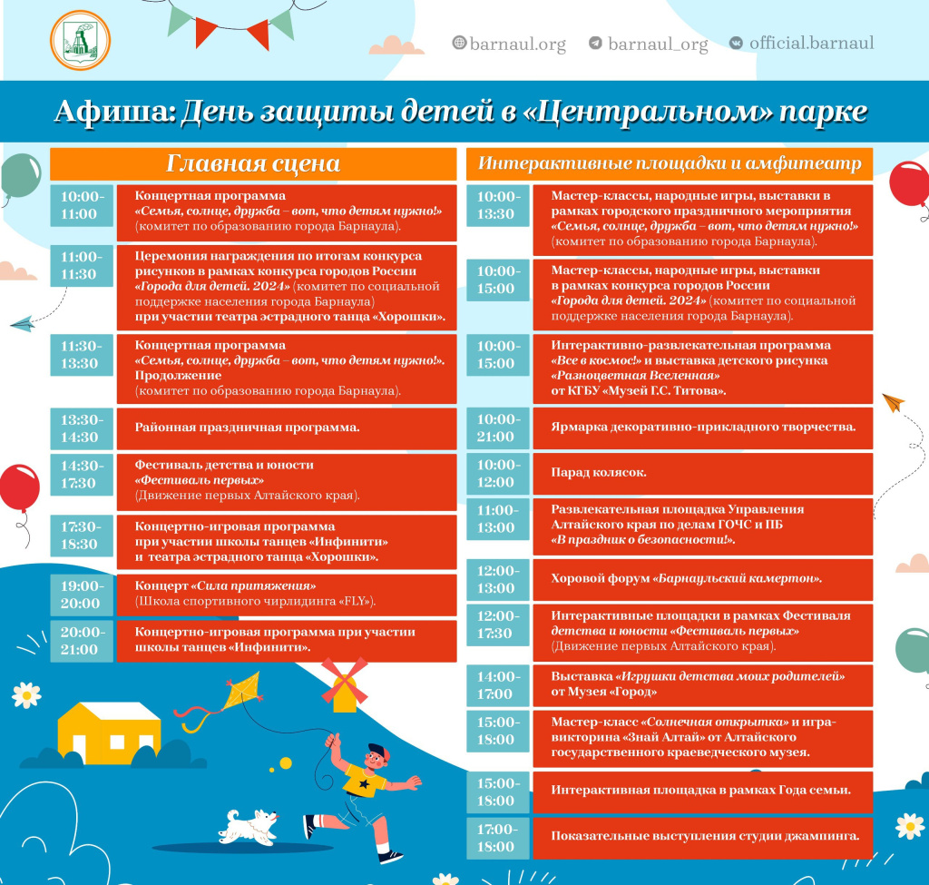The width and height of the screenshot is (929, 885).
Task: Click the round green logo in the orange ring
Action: [x=80, y=43]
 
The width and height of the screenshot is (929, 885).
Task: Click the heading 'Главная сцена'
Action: [x=253, y=163]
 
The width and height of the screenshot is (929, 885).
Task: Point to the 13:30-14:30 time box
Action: [x=80, y=428]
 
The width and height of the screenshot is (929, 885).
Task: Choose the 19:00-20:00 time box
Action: [x=80, y=595]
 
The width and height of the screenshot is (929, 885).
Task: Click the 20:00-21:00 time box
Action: [x=80, y=641]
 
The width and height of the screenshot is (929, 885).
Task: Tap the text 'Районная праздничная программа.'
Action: [x=248, y=428]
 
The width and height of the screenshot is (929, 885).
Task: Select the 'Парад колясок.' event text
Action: [x=599, y=473]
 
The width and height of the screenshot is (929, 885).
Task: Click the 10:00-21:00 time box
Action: [x=495, y=428]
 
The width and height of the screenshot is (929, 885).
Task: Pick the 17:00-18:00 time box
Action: [x=495, y=838]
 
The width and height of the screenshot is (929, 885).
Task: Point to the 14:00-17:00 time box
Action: [x=495, y=685]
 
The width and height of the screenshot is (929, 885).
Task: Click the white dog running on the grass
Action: [x=249, y=824]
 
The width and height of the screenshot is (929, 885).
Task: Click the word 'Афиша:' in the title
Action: [x=112, y=111]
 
